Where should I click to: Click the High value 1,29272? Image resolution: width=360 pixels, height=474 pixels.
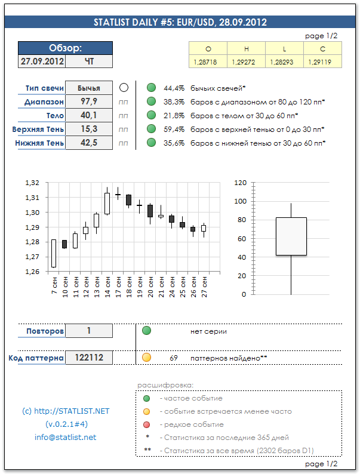click(246, 61)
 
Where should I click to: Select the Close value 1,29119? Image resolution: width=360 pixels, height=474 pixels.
click(322, 61)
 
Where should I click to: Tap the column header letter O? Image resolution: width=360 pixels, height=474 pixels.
click(208, 49)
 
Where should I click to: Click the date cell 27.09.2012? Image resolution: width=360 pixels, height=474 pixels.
click(41, 61)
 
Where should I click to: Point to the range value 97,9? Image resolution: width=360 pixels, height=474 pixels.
click(88, 101)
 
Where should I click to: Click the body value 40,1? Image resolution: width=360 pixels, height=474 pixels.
click(88, 115)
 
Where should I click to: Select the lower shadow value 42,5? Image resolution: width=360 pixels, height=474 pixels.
click(88, 143)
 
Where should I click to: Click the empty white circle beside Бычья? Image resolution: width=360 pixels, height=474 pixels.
click(124, 88)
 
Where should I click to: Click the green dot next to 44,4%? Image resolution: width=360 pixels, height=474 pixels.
click(151, 88)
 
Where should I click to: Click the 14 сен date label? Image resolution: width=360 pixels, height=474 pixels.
click(107, 285)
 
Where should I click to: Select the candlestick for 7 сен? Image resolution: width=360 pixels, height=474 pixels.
click(54, 253)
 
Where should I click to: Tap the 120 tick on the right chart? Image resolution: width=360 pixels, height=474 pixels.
click(240, 183)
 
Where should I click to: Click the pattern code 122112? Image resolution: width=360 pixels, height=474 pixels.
click(88, 358)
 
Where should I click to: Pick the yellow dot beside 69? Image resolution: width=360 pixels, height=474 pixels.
click(146, 358)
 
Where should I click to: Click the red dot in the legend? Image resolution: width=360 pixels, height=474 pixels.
click(146, 424)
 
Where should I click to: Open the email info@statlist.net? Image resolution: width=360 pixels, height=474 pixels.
click(65, 437)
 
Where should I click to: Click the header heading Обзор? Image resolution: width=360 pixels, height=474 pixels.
click(65, 48)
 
